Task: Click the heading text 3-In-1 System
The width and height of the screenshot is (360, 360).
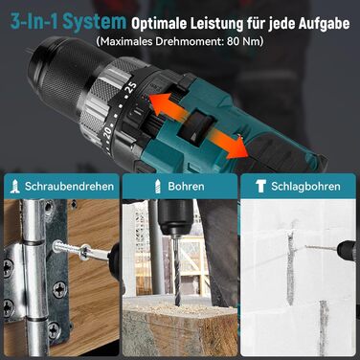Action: (68, 22)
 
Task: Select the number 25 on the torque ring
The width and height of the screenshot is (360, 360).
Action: (132, 87)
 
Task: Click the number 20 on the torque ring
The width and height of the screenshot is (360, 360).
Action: (107, 130)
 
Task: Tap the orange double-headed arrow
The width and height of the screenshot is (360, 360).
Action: (199, 124)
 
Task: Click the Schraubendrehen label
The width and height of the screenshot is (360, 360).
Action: (69, 187)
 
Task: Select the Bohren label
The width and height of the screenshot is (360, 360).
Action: (187, 187)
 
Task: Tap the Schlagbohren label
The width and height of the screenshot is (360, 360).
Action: (305, 187)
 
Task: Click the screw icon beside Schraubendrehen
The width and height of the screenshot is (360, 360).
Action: (15, 187)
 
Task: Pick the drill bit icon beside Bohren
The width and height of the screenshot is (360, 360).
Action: (157, 187)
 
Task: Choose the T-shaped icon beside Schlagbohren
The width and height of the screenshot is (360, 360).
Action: (260, 187)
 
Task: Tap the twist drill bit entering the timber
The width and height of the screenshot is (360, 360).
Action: (176, 271)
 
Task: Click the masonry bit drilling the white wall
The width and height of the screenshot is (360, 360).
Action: (321, 248)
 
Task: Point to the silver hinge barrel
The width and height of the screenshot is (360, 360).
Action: (34, 275)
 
